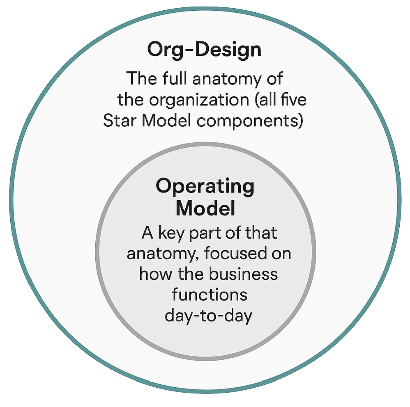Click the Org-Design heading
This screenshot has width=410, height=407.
point(204,50)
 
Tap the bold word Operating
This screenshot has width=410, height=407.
point(205,187)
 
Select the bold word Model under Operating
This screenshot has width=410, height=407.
point(205,208)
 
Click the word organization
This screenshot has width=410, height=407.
point(199,100)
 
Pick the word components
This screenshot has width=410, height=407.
point(250,122)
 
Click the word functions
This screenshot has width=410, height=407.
point(210,295)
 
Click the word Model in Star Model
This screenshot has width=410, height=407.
point(166,121)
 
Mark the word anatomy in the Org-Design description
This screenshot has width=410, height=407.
point(227,79)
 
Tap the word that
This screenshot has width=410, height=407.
point(261,233)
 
